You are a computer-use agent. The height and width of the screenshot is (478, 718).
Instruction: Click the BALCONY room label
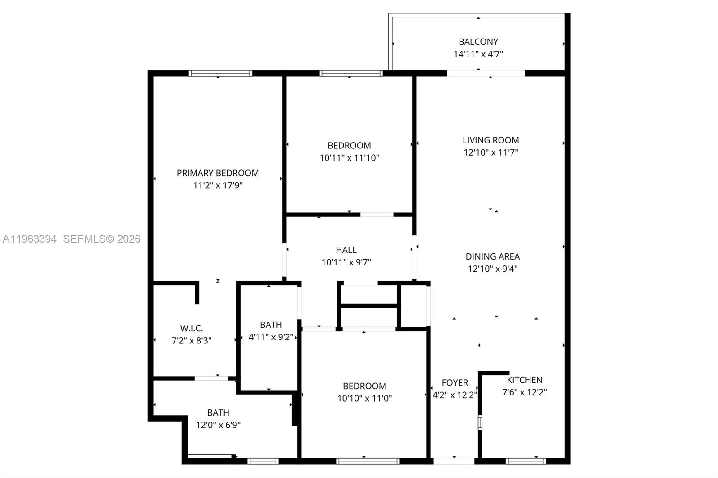coord(478,42)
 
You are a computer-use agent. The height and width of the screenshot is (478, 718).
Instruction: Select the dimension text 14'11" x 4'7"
coord(478,54)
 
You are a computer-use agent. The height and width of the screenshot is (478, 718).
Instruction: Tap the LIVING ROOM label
coord(490,140)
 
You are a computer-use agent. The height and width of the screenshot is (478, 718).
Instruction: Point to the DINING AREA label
coord(492,256)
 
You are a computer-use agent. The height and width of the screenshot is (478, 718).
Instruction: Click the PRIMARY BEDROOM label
coord(218,173)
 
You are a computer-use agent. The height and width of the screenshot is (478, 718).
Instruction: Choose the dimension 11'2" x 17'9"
coord(218,185)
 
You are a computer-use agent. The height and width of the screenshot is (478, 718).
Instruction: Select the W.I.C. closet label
coord(191,328)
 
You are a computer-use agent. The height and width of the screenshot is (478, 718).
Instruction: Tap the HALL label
coord(346,250)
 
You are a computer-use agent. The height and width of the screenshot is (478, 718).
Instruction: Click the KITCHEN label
coord(524,380)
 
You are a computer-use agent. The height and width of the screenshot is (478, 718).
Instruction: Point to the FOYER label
coord(455,383)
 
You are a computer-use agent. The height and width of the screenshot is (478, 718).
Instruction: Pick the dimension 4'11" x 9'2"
coord(271,337)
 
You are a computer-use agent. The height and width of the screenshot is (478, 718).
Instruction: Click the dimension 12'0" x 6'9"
coord(218,425)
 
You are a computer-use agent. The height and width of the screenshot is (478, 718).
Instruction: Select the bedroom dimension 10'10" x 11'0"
coord(364,398)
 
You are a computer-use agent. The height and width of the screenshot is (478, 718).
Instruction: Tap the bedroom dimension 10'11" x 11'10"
coord(349,158)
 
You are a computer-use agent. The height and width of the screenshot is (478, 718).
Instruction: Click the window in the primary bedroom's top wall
coord(220,74)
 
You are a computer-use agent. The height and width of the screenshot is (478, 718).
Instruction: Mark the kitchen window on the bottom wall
coord(525,461)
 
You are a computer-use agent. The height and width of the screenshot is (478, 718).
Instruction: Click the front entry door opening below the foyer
coord(454,461)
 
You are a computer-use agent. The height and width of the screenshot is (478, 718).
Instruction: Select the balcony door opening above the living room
coord(486,74)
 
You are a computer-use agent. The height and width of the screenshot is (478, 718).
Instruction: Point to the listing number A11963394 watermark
coord(30,239)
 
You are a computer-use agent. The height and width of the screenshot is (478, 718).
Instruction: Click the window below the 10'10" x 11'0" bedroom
coord(368,461)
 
